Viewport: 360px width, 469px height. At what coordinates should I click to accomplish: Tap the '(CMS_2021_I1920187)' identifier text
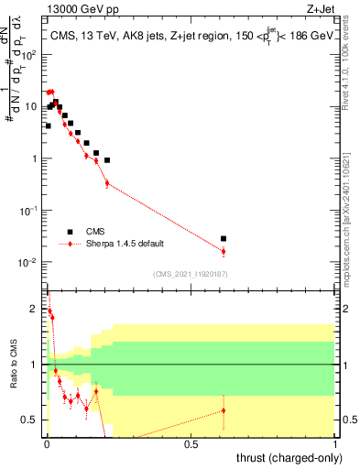click(190, 274)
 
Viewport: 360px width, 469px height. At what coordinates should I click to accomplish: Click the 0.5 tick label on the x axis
click(191, 444)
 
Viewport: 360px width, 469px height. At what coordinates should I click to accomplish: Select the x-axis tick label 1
click(336, 444)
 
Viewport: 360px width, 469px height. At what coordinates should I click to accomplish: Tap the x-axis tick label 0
click(47, 444)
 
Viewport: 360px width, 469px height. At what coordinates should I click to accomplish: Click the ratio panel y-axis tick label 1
click(34, 365)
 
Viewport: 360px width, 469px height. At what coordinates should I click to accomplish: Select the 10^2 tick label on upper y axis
click(27, 54)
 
